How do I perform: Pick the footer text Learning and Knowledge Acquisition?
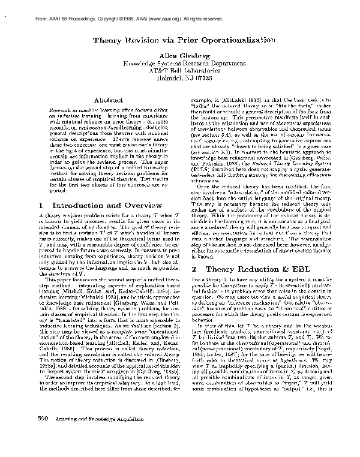pyautogui.click(x=79, y=434)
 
